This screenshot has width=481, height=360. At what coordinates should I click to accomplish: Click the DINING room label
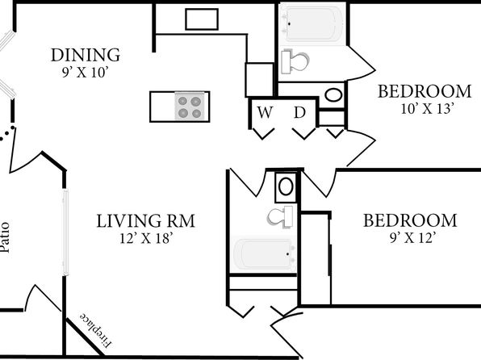point(86,55)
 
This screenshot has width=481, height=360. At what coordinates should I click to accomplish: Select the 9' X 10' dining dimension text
point(86,73)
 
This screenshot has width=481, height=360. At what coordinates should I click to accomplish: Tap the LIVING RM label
point(146,221)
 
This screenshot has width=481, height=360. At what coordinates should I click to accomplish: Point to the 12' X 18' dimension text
point(147,238)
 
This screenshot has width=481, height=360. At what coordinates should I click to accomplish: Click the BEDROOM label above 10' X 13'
point(425,91)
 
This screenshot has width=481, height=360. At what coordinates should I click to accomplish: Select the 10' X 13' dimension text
point(427,109)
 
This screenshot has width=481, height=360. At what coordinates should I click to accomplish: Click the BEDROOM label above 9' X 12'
point(410,220)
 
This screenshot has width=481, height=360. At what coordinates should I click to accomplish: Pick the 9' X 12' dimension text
point(413,238)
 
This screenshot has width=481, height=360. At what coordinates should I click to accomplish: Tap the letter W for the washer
point(265,112)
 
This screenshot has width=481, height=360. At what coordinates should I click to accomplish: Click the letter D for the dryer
point(299,112)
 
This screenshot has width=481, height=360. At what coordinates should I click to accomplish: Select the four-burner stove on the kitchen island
point(190,107)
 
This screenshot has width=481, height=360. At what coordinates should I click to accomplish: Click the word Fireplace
point(96,330)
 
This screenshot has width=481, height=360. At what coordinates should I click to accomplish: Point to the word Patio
point(5,237)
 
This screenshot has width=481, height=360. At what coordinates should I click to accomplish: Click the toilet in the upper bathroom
point(295,61)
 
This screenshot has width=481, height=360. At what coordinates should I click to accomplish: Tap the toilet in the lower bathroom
point(280,216)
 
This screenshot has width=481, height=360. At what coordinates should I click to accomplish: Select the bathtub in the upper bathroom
point(312,24)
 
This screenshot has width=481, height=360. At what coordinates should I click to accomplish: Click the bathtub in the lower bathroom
point(264,254)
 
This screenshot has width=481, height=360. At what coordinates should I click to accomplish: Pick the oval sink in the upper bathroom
point(333,95)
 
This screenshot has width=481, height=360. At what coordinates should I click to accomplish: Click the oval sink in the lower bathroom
point(286,186)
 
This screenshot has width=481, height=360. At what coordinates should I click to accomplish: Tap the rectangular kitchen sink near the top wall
point(202,19)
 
